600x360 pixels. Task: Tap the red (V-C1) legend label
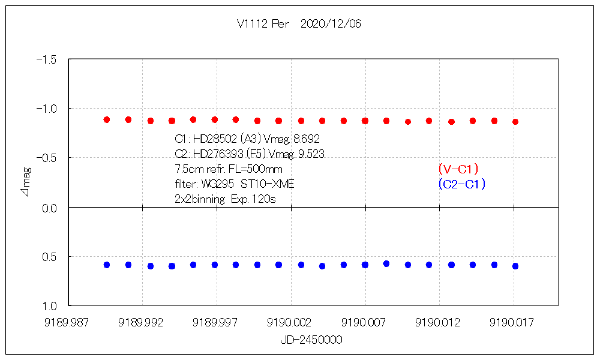point(458,170)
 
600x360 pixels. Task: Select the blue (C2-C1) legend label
point(461,184)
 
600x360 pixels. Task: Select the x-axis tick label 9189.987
point(68,322)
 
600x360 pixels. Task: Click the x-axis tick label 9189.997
point(217,322)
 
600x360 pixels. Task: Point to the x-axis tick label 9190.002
point(291,322)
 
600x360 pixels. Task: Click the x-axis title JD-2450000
point(311,340)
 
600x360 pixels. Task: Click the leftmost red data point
point(107,120)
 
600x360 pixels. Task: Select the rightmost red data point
point(515,122)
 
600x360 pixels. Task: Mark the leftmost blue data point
point(107,265)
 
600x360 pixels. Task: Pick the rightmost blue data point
point(515,266)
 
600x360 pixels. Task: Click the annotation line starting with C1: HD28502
point(247,139)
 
